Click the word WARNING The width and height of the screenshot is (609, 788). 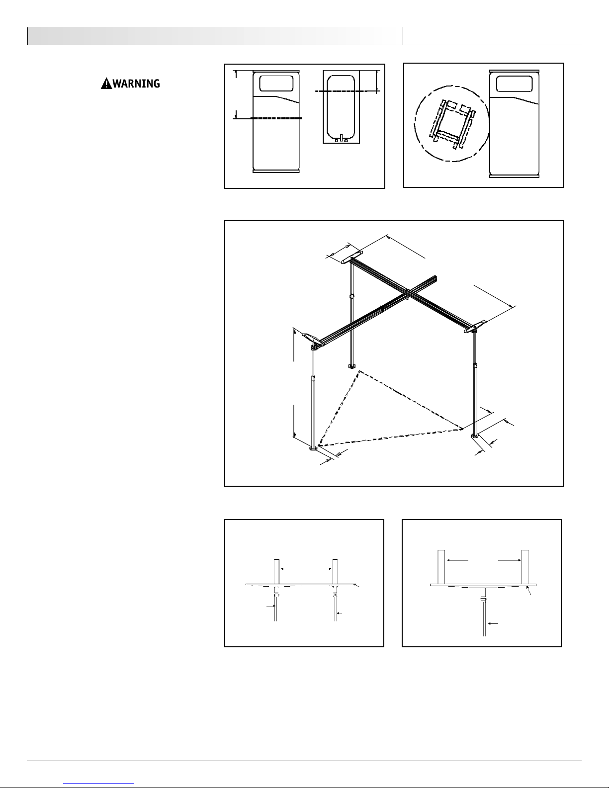pos(136,84)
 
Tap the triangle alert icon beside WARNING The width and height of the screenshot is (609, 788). pos(106,84)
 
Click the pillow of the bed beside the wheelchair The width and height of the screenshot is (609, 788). pos(514,84)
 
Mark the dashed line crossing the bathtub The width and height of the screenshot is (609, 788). pos(347,91)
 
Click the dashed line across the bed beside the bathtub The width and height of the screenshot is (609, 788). pos(276,118)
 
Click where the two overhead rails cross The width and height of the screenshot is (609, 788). pos(408,293)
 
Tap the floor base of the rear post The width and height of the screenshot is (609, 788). pos(352,366)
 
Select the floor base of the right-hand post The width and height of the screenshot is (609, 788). pos(475,436)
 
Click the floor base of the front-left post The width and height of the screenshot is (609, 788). pos(313,449)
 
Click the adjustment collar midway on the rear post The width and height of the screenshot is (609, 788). pos(351,297)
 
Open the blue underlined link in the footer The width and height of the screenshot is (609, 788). pos(98,783)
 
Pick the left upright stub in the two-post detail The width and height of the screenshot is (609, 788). pos(276,572)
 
